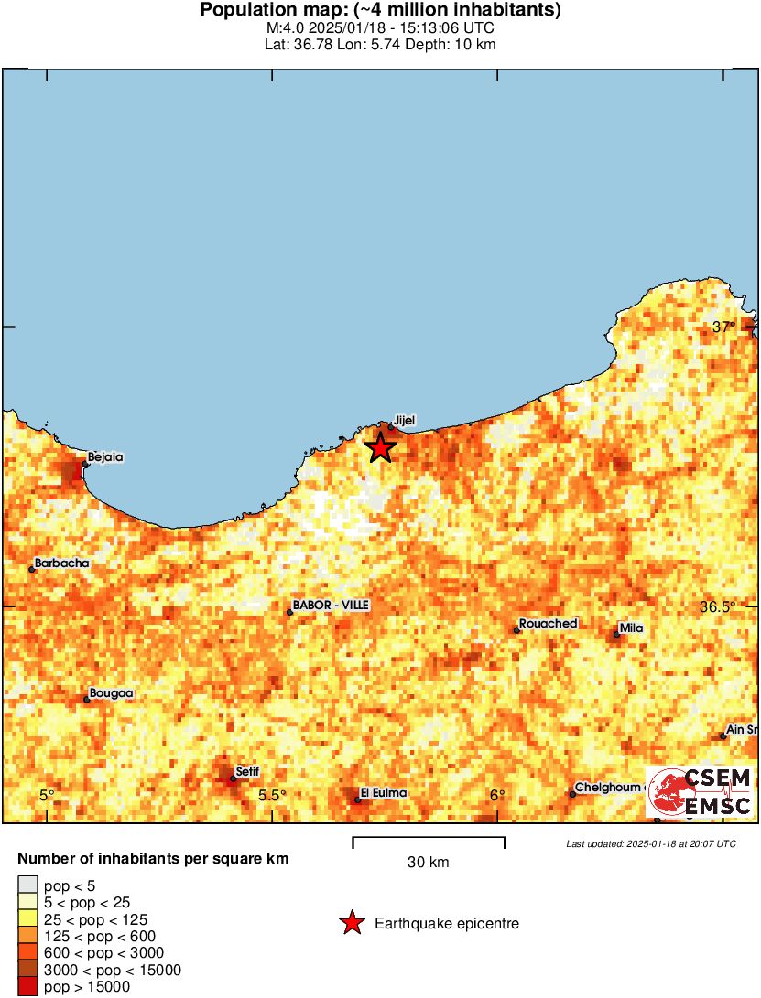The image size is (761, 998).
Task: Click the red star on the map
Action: tap(380, 447)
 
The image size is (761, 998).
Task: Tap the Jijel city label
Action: tap(404, 420)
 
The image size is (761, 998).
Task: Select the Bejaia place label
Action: tap(105, 456)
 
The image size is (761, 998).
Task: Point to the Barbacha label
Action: tap(62, 563)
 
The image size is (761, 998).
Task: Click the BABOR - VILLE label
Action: tap(331, 606)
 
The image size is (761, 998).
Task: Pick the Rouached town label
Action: tap(548, 624)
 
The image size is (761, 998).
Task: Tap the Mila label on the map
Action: tap(632, 628)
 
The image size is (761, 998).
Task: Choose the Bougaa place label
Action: tap(112, 693)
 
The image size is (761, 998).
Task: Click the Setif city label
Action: tap(247, 772)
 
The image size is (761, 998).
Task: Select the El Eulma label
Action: tap(384, 793)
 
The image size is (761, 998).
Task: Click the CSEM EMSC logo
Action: tap(701, 792)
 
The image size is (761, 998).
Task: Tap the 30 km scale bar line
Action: tap(429, 838)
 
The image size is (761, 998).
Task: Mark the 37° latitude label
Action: tap(724, 327)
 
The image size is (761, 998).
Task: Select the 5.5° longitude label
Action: tap(271, 796)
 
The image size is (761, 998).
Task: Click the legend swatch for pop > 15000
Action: tap(28, 987)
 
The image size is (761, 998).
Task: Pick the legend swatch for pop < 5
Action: tap(28, 885)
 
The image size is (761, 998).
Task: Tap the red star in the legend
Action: tap(352, 924)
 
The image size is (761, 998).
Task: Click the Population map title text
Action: tap(380, 11)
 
